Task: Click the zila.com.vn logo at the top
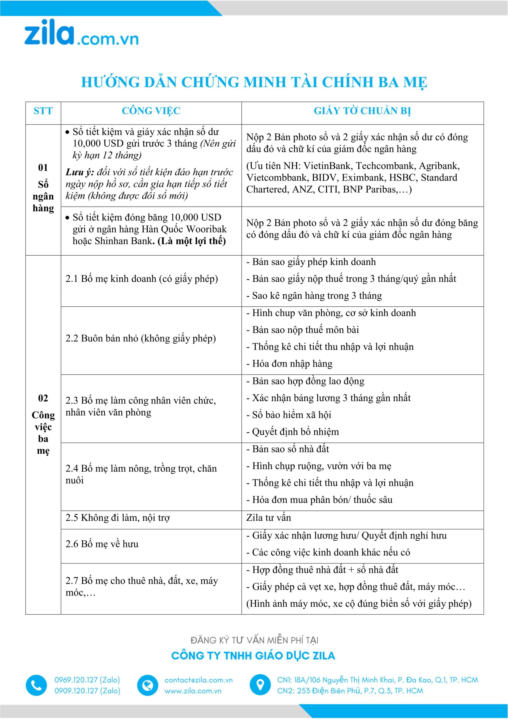81,33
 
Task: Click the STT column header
43,111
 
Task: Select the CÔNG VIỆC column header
151,111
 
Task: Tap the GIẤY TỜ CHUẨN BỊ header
362,111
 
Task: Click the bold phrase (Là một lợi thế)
192,241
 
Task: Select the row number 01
43,168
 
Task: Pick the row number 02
43,398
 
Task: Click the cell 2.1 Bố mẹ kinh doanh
142,279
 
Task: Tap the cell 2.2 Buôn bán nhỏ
141,338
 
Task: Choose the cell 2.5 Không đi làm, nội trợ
117,518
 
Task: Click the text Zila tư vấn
268,518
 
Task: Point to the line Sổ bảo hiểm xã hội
291,415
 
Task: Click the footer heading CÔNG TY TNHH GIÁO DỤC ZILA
253,656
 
